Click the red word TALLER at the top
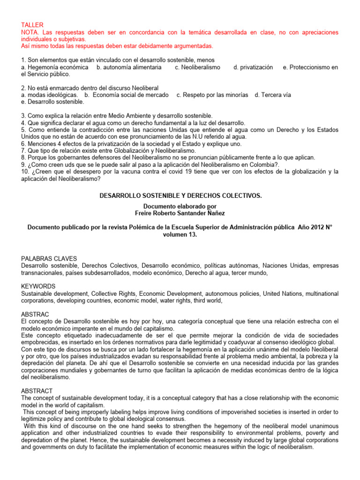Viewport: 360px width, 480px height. coord(32,24)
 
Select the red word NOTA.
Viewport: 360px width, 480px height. coord(31,32)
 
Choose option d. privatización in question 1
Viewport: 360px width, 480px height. coord(253,67)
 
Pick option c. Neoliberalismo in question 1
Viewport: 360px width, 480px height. coord(197,67)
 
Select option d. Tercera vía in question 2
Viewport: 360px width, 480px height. coord(272,95)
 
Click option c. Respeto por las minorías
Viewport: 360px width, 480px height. coord(212,95)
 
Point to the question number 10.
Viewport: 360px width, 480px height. coord(26,158)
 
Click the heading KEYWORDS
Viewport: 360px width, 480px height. coord(38,286)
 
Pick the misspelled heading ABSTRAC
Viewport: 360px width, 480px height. coord(36,314)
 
